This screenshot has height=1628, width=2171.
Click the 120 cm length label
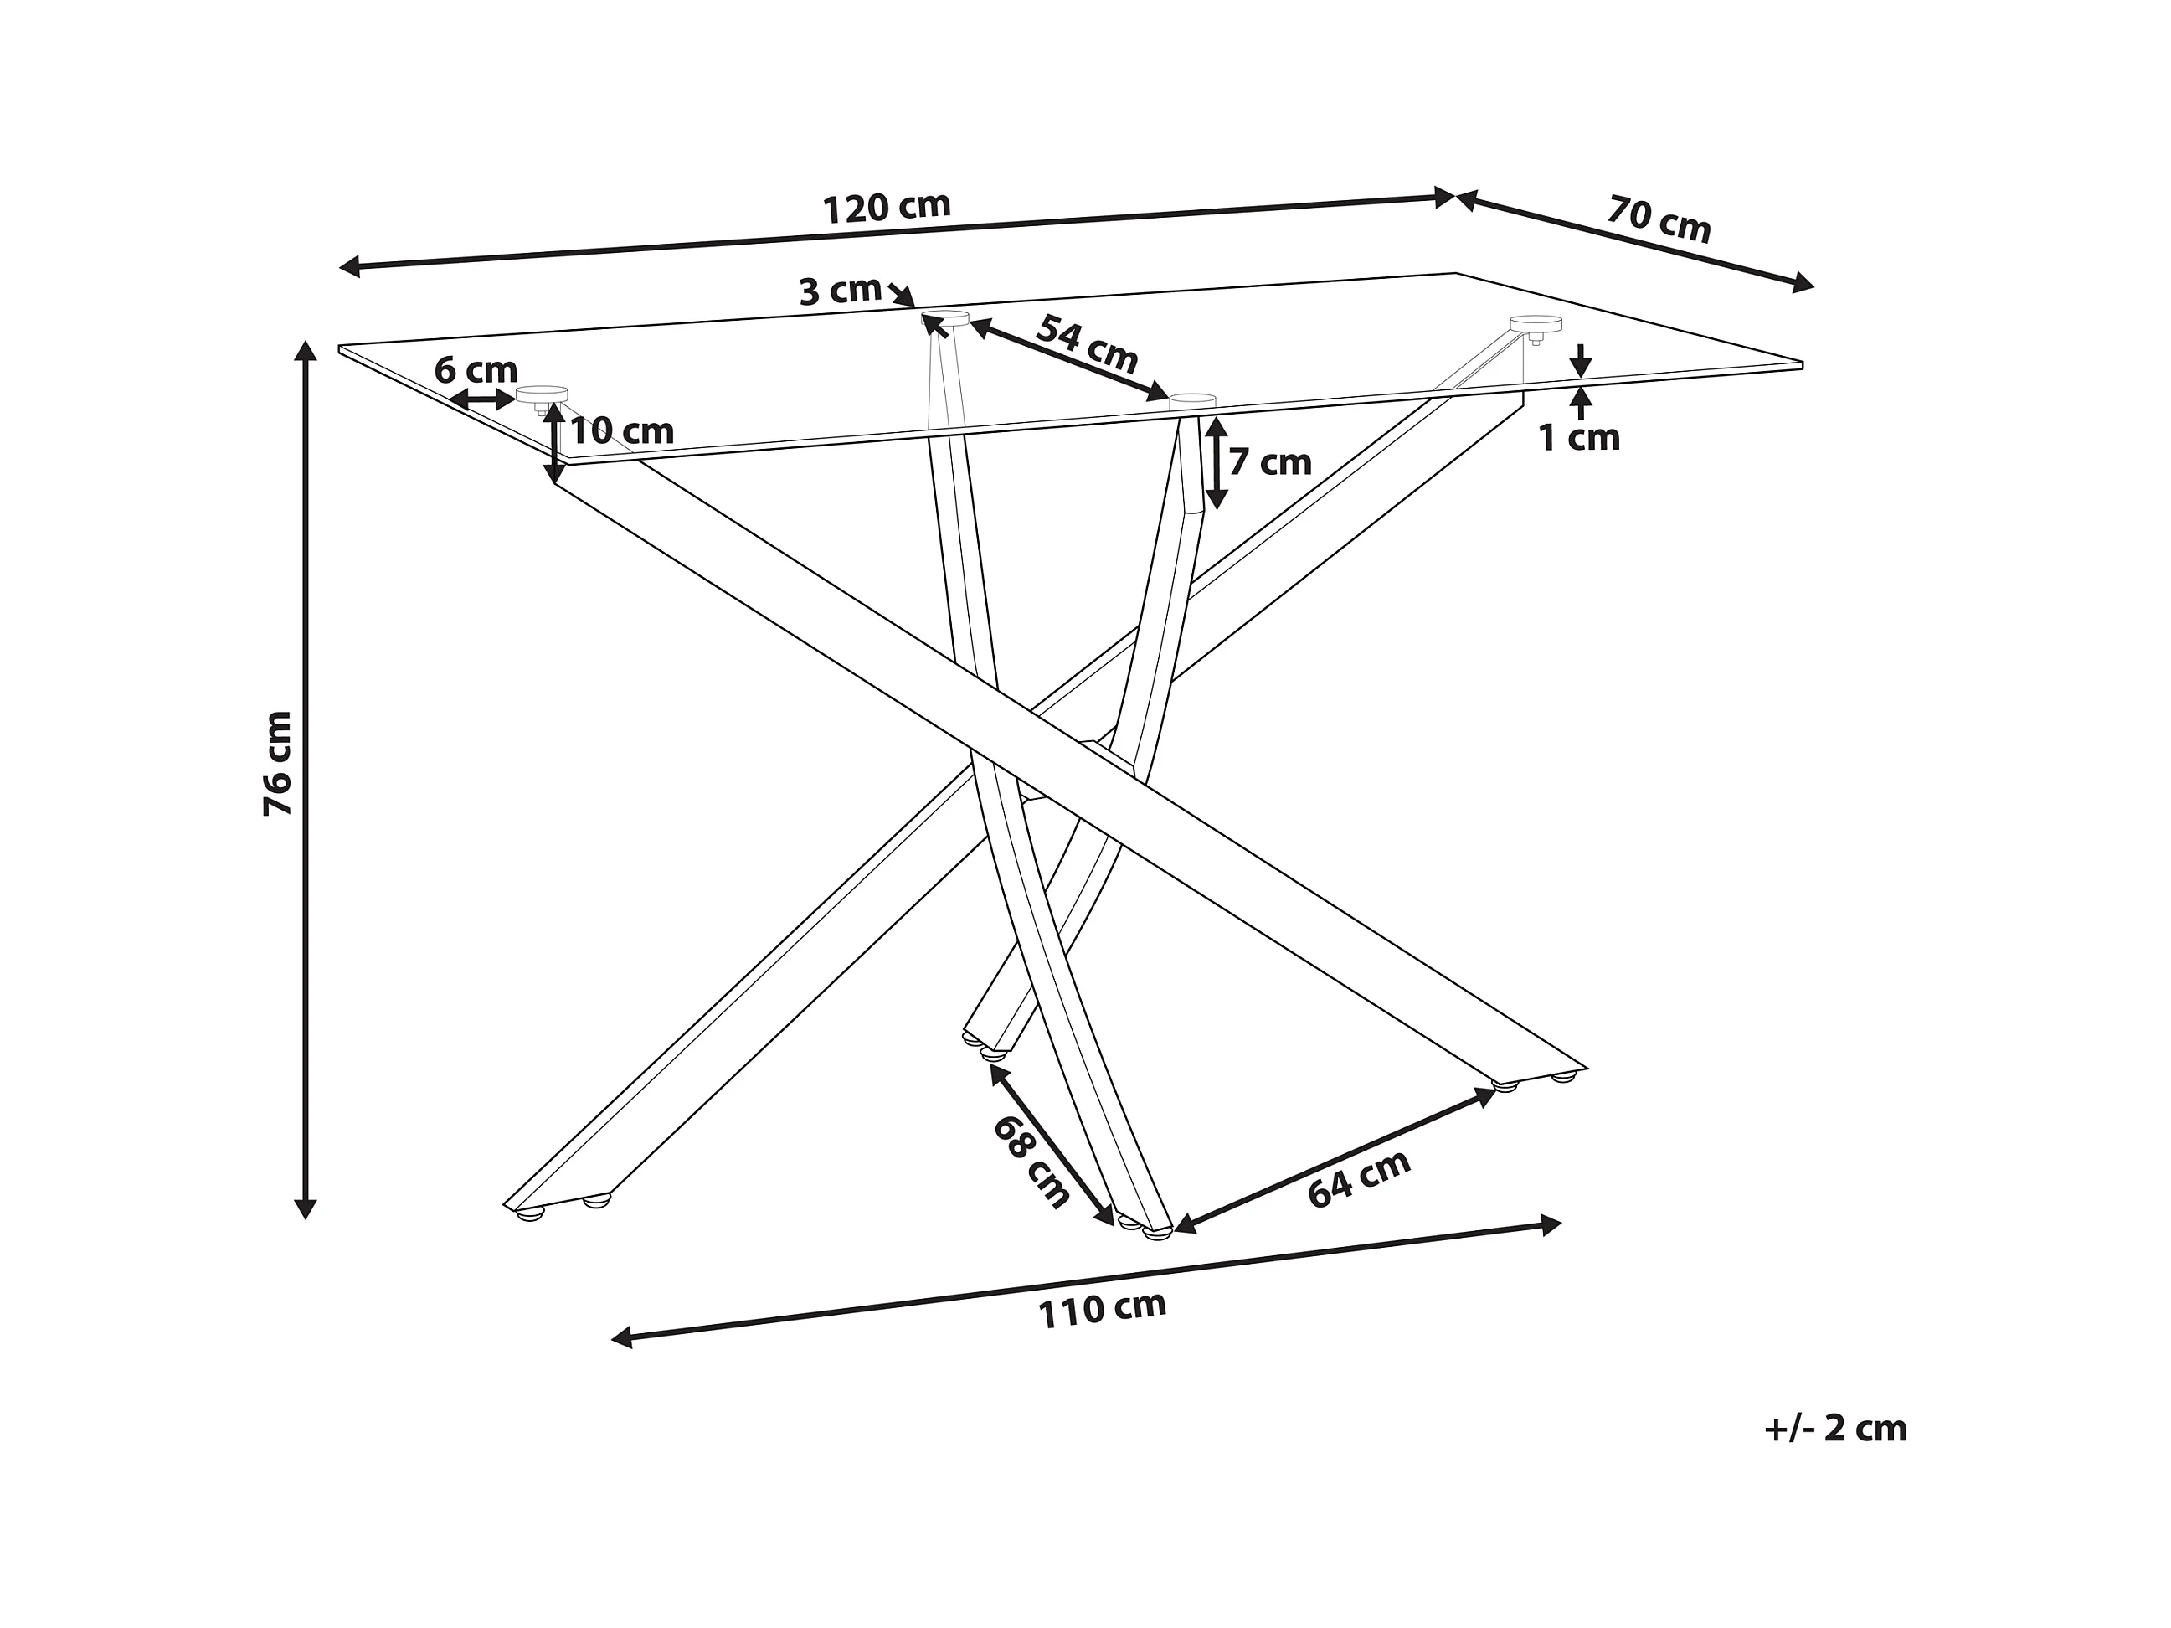887,207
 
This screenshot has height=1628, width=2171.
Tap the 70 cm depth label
1659,219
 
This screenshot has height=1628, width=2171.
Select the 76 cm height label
278,763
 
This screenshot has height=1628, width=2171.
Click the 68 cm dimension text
1031,1162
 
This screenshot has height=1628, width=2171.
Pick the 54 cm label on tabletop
1087,343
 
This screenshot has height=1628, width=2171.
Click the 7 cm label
1270,461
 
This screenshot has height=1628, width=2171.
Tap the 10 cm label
622,430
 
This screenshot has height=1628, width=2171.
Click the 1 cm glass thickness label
1578,438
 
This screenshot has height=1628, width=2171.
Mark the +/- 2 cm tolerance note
1835,1428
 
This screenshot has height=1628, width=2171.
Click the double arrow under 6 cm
483,399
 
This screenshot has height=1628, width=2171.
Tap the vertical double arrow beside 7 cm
1216,462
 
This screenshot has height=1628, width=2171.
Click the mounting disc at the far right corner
1536,324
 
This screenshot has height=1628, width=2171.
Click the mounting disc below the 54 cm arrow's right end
1191,400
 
